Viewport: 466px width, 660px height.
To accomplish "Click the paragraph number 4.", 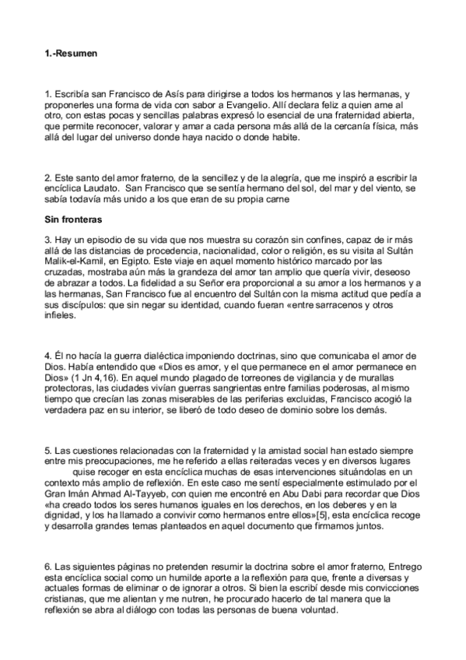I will coord(47,356).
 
